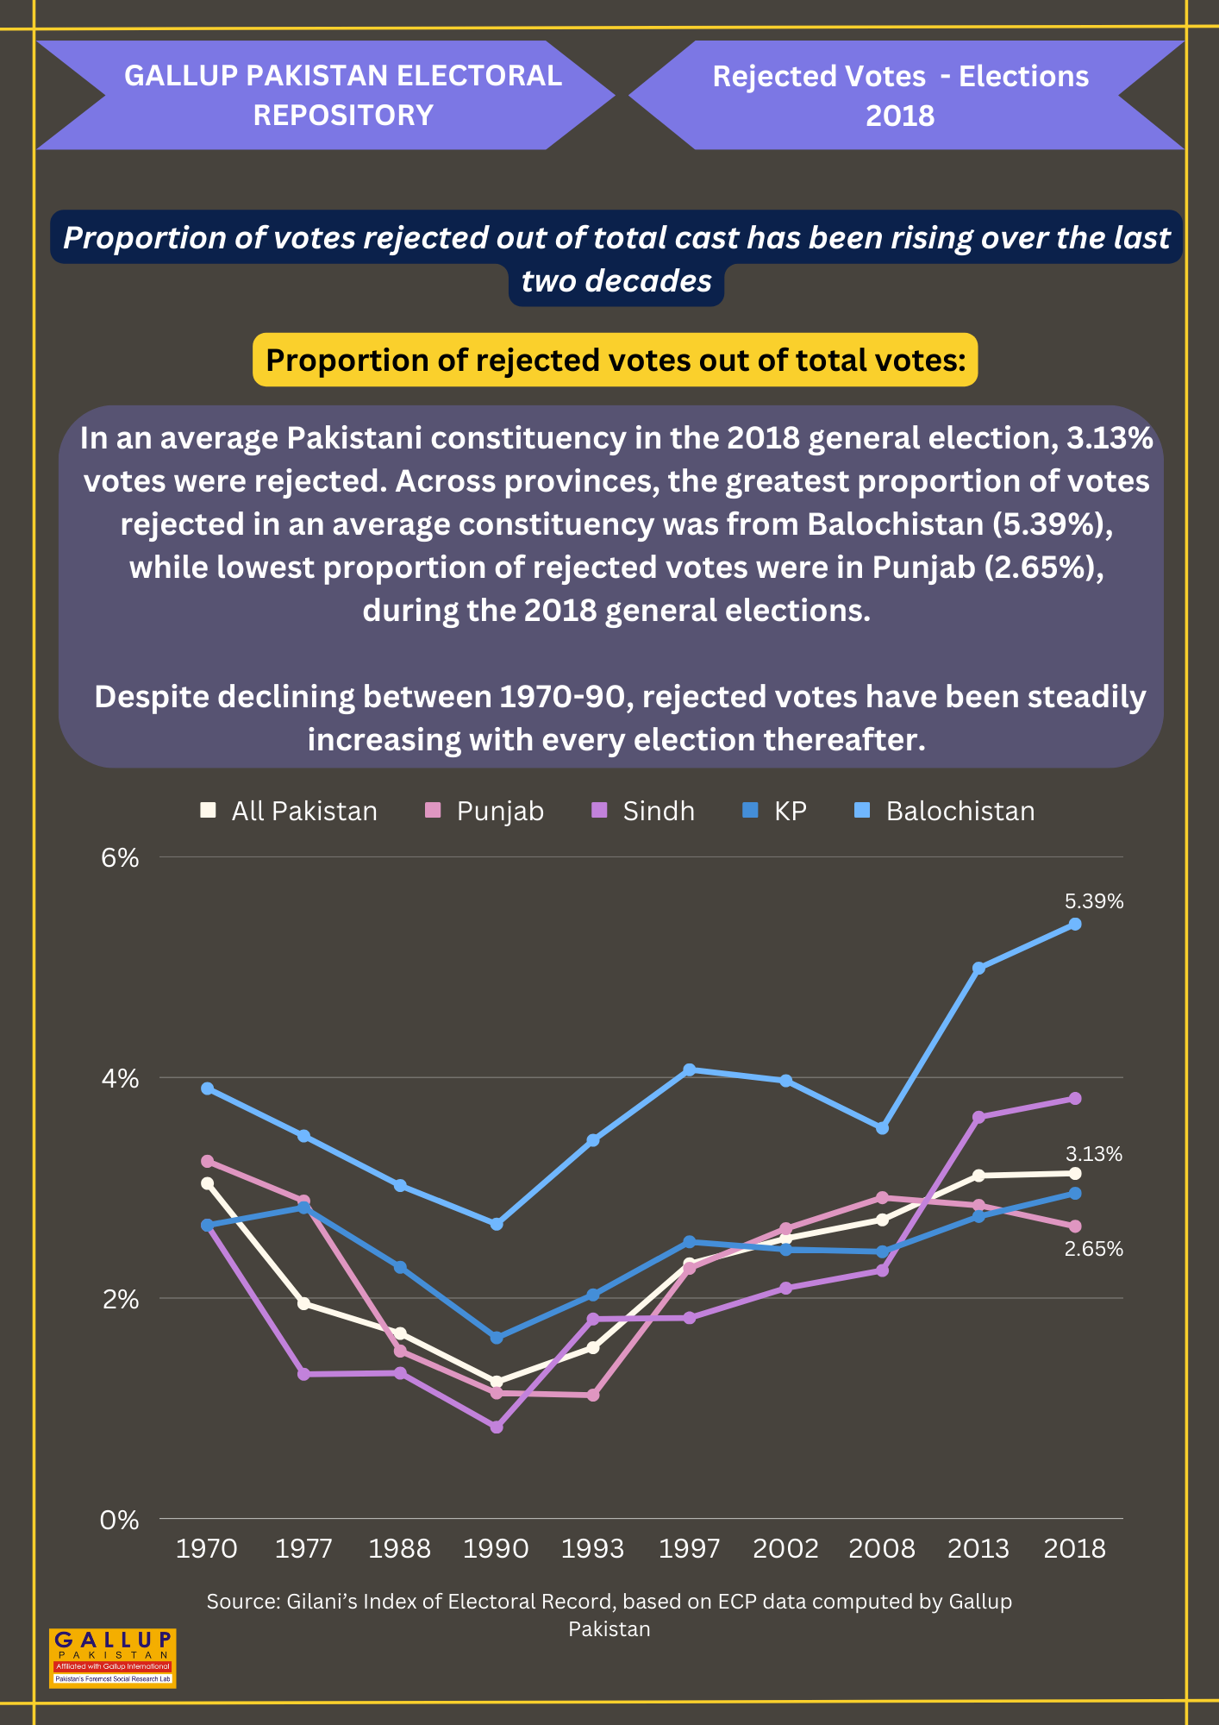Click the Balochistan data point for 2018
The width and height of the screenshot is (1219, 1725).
(x=1075, y=924)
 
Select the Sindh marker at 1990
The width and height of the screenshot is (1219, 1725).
(x=497, y=1427)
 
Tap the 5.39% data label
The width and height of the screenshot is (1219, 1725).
(x=1094, y=901)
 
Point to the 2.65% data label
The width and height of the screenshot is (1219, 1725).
(x=1094, y=1249)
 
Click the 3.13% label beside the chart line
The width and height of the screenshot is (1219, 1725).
(x=1094, y=1154)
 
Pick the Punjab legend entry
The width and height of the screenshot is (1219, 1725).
(x=484, y=812)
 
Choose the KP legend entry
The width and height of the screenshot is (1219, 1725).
(x=774, y=811)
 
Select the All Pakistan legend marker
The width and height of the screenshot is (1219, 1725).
(x=208, y=810)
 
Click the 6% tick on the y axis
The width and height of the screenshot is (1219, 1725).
(x=120, y=857)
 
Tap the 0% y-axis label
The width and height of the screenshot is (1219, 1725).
(x=120, y=1519)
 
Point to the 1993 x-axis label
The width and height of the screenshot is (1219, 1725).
(x=592, y=1549)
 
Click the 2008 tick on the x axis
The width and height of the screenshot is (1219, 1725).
(x=882, y=1549)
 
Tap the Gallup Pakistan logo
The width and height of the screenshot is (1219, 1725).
(x=113, y=1658)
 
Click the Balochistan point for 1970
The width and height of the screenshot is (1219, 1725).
(x=208, y=1088)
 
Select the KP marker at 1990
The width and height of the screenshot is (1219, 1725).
(x=497, y=1338)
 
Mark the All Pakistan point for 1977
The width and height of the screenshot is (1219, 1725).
(x=303, y=1303)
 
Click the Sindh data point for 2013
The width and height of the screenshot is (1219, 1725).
(x=978, y=1117)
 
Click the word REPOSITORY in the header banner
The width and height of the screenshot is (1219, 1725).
(x=343, y=115)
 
